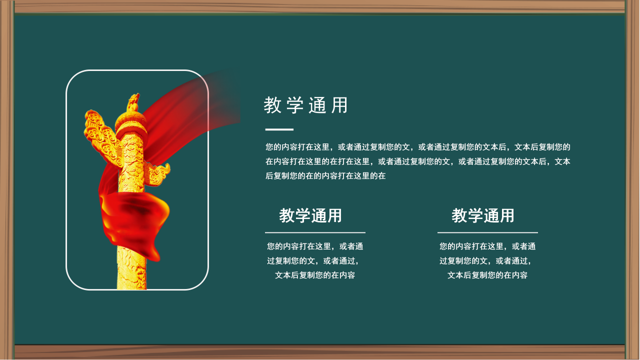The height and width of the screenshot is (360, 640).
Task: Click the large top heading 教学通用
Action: pos(305,105)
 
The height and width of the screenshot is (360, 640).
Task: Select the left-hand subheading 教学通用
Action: pos(310,215)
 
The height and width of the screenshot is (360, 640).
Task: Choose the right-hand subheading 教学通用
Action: pos(483,215)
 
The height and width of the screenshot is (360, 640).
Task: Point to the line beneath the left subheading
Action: pos(315,232)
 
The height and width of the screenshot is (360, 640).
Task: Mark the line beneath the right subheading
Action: pos(487,232)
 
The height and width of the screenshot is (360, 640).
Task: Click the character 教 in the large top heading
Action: pos(272,105)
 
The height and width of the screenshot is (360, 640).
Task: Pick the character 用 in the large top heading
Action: pos(339,105)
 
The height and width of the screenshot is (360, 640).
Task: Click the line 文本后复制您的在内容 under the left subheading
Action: pos(315,275)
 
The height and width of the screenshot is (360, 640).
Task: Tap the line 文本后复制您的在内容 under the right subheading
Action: pos(487,275)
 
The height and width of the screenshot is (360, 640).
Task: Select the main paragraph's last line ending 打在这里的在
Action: pos(325,176)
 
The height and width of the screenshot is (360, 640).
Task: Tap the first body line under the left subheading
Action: pos(315,246)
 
